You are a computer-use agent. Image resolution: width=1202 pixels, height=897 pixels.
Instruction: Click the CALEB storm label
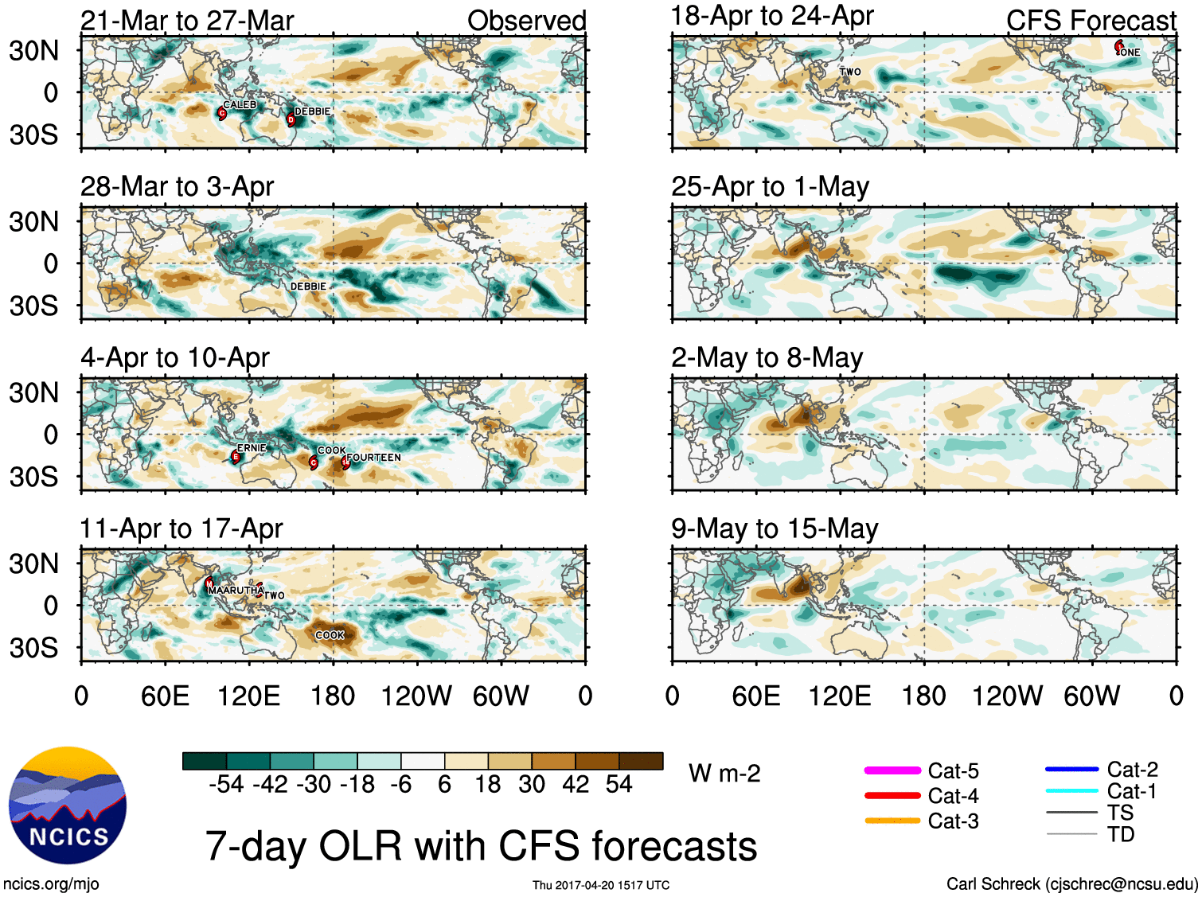239,105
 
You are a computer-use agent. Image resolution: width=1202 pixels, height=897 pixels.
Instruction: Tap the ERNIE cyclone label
251,448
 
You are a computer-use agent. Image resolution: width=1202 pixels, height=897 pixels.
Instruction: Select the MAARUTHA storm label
235,591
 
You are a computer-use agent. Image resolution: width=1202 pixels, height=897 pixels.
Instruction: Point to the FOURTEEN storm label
374,458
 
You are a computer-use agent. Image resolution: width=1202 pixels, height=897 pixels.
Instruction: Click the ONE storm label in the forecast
1130,53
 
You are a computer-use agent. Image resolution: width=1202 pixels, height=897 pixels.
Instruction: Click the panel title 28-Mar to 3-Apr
177,187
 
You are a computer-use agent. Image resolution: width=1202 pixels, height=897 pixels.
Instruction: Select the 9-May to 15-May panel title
775,529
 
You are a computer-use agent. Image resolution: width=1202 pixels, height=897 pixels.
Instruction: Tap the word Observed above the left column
526,21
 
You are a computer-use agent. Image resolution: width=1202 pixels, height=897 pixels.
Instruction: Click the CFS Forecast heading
1091,21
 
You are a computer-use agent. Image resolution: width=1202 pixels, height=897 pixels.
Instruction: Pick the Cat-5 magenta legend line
892,770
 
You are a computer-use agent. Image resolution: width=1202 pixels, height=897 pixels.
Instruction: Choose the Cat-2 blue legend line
1071,770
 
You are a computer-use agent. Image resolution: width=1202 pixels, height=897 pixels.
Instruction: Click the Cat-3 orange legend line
892,821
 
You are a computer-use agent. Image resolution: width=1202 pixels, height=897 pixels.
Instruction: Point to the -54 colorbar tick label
226,785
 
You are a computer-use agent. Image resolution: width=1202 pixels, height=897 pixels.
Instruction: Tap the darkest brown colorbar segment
641,761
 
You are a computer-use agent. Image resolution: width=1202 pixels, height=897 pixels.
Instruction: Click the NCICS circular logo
68,805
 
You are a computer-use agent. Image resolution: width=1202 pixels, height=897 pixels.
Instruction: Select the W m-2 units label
724,774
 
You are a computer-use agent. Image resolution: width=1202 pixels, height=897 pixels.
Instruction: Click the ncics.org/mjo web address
51,884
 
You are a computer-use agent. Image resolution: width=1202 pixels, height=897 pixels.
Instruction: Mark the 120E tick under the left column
249,696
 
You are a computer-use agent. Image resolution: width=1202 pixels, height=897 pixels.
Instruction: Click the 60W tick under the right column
1091,696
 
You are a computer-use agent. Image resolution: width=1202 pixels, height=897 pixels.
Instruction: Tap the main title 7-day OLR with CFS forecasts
481,846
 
